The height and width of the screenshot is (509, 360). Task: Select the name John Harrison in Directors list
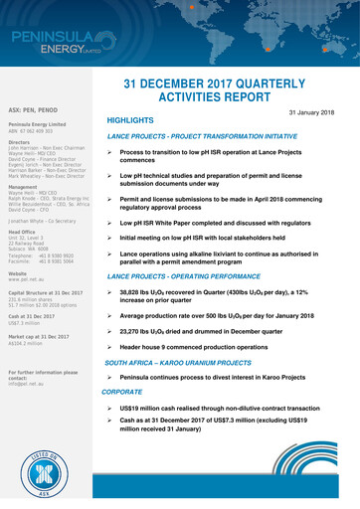21,146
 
